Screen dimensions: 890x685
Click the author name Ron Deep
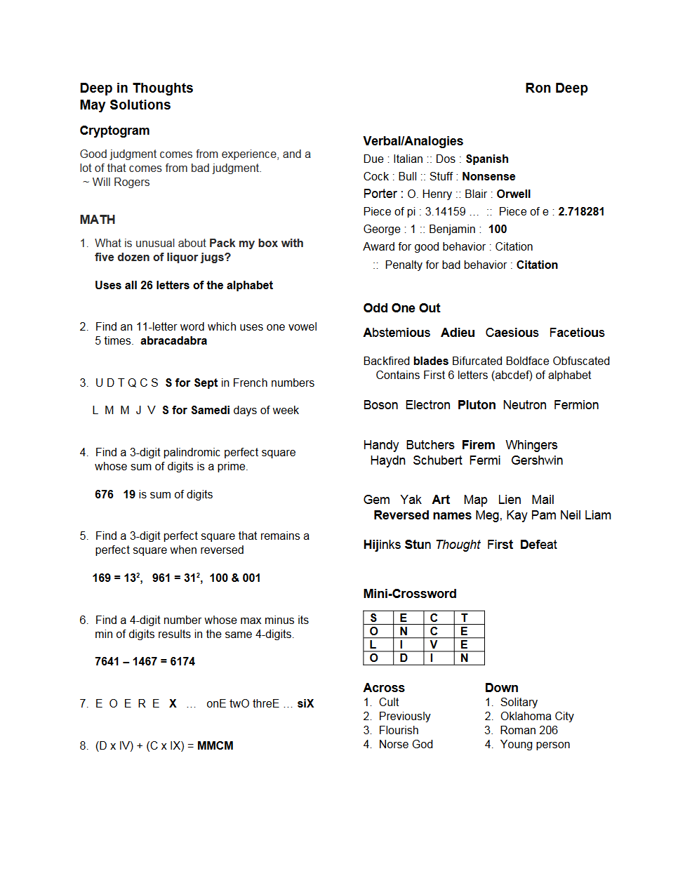[x=556, y=88]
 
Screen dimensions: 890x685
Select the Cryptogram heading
[x=114, y=131]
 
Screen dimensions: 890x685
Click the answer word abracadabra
[x=173, y=341]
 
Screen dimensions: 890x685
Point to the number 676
[x=104, y=495]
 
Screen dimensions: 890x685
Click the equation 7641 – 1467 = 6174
[x=145, y=662]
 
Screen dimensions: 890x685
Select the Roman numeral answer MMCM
[x=215, y=746]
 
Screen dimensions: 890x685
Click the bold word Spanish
[x=486, y=159]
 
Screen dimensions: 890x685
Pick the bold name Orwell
[x=513, y=194]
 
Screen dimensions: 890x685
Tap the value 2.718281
[x=581, y=212]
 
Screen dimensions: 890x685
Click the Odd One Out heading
[x=401, y=308]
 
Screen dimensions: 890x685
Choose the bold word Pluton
[x=477, y=405]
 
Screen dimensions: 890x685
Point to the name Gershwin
[x=537, y=460]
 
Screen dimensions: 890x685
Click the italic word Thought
[x=458, y=545]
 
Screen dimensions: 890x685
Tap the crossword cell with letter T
[x=464, y=618]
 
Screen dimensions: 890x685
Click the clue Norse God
[x=406, y=745]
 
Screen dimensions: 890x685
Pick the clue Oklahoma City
[x=537, y=717]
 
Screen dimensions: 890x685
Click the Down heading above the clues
[x=501, y=688]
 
